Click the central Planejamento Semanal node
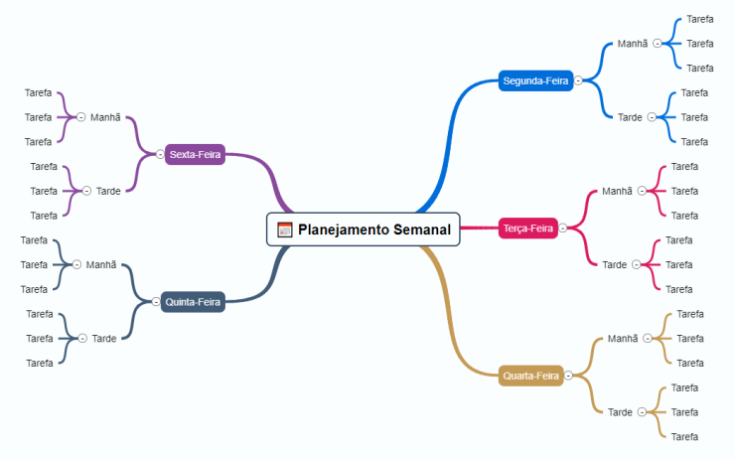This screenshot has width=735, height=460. [x=372, y=230]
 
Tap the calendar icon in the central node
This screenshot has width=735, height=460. [x=285, y=230]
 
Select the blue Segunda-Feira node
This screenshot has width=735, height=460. [x=536, y=80]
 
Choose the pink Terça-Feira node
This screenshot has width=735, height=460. [x=528, y=229]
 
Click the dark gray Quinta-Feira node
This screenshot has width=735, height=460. [x=194, y=301]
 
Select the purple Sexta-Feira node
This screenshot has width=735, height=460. [x=196, y=154]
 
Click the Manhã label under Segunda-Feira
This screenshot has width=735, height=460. [x=632, y=44]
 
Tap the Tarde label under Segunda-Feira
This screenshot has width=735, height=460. [x=630, y=117]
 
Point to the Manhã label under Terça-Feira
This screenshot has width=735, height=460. [x=617, y=191]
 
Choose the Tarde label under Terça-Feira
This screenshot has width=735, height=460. [x=615, y=264]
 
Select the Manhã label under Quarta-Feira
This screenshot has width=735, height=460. [x=623, y=339]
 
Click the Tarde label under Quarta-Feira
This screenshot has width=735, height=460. [x=620, y=412]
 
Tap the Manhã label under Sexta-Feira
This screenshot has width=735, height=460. [x=105, y=117]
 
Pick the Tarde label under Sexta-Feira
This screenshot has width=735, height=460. [x=108, y=191]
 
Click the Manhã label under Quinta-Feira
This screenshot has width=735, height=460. [x=101, y=264]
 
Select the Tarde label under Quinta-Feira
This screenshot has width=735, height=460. [x=104, y=339]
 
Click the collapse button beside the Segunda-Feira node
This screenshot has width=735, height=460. [x=578, y=80]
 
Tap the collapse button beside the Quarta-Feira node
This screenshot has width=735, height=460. [x=568, y=376]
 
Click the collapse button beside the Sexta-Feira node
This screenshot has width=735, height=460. [x=160, y=154]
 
